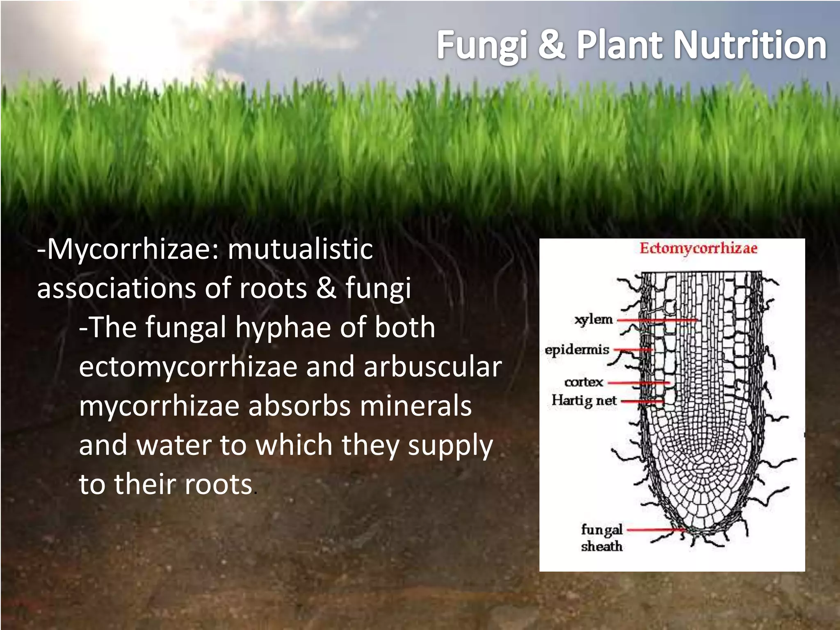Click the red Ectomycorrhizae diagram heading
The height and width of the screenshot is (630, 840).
[x=698, y=249]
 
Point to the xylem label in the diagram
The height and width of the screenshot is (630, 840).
[x=593, y=320]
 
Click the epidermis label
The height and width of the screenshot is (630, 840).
[x=577, y=350]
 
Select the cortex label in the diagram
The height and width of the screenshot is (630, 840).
[x=584, y=382]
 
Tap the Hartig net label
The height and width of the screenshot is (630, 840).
[x=584, y=400]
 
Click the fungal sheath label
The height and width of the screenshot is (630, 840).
[x=602, y=538]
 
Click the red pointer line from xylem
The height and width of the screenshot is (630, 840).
[x=656, y=320]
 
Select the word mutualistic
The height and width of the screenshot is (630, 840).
[x=300, y=249]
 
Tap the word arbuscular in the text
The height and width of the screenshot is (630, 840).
[x=433, y=366]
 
